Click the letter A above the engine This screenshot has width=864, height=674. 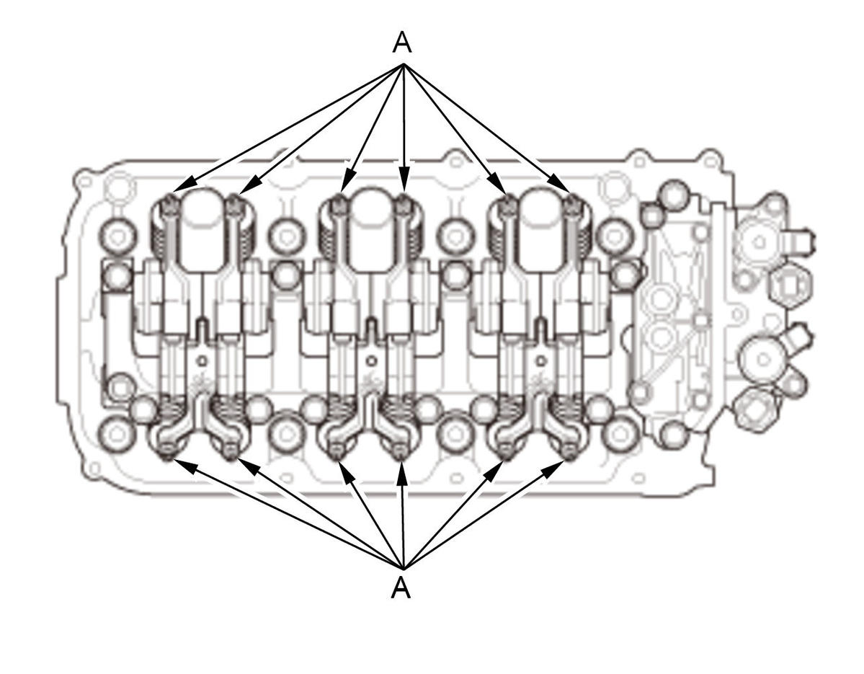(402, 42)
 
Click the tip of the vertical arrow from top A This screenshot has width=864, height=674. (404, 184)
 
